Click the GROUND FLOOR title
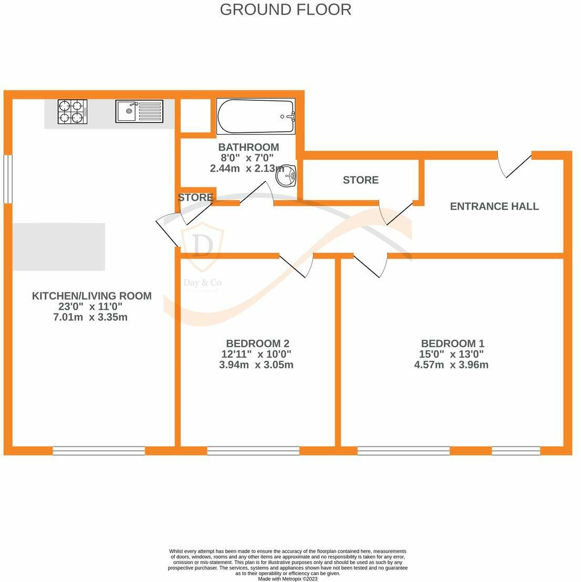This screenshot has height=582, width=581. [x=285, y=9]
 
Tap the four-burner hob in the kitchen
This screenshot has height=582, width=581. [x=72, y=111]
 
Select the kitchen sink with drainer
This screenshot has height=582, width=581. [x=139, y=111]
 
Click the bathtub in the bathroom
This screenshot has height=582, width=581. [x=256, y=116]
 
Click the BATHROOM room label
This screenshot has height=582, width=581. [x=248, y=147]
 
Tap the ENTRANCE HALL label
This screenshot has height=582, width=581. [x=494, y=206]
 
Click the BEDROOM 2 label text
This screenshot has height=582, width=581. [x=257, y=343]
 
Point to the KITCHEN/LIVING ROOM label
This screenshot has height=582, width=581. [x=92, y=296]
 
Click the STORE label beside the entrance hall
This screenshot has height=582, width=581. [x=360, y=180]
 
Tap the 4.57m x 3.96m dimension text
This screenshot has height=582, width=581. [x=451, y=365]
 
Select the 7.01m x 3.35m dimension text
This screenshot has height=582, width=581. [x=90, y=317]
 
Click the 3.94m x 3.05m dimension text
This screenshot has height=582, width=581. [x=256, y=365]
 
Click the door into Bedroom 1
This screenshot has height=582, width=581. [x=370, y=265]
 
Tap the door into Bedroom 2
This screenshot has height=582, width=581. [x=296, y=265]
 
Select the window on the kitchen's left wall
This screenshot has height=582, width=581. [x=8, y=179]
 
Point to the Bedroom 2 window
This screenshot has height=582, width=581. [x=253, y=451]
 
